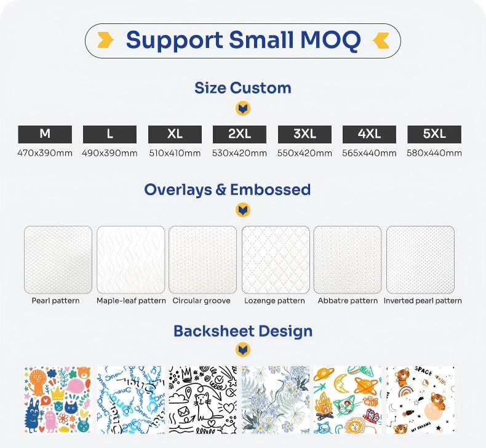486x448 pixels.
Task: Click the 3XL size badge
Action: (305, 134)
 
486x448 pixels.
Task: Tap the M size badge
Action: (45, 134)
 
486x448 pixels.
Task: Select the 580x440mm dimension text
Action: (434, 153)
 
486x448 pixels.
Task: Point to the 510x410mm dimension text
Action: (175, 153)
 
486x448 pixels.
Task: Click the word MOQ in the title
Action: (331, 40)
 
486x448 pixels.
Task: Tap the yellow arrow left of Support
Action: (105, 40)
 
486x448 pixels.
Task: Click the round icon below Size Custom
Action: (243, 109)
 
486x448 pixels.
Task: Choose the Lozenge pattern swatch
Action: (276, 260)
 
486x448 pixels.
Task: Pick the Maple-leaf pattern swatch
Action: (131, 260)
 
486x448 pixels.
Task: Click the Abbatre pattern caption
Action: (348, 301)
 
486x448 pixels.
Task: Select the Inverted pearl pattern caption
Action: (423, 301)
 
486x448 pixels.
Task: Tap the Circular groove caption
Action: (201, 301)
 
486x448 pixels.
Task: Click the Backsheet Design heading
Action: (243, 331)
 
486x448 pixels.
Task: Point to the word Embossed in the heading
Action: (270, 190)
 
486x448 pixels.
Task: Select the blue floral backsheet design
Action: (276, 399)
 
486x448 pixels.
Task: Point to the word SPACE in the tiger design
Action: (423, 371)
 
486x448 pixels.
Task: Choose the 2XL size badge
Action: (239, 134)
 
